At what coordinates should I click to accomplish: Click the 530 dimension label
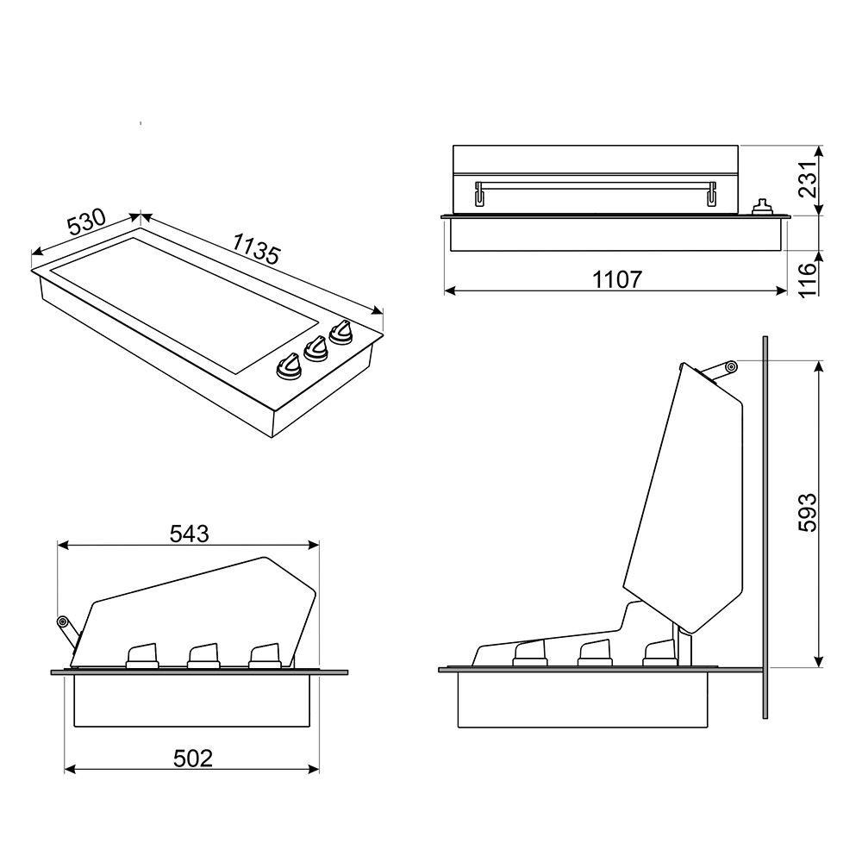(x=86, y=221)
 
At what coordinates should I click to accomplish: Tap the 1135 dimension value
(x=256, y=248)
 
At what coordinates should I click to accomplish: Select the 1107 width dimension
(x=617, y=280)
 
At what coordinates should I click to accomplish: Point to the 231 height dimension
(x=808, y=179)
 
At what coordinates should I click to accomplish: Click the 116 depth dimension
(x=808, y=280)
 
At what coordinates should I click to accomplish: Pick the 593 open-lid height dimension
(x=808, y=512)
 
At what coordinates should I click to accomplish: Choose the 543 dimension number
(x=189, y=534)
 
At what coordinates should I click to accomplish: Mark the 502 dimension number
(x=192, y=759)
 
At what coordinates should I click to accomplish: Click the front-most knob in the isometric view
(x=289, y=366)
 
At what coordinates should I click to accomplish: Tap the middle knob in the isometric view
(x=315, y=349)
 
